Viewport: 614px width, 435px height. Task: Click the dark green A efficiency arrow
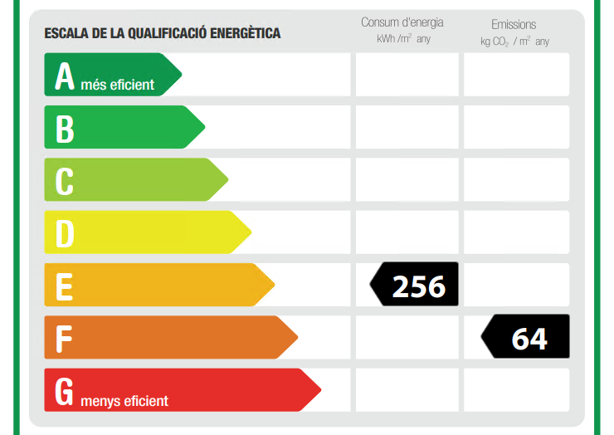pos(113,75)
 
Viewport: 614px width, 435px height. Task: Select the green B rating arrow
pos(124,127)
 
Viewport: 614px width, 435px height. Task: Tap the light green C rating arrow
pos(136,179)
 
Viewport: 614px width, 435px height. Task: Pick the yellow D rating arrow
pos(148,232)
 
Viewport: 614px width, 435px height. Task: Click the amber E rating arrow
pos(159,285)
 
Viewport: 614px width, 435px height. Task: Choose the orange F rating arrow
pos(171,337)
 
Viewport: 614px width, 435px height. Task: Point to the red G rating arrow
pos(183,390)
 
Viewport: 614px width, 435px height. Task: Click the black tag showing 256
pos(414,284)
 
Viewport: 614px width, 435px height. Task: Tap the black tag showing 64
pos(525,336)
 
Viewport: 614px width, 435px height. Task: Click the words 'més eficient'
pos(118,85)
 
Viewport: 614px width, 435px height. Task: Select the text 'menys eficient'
pos(124,401)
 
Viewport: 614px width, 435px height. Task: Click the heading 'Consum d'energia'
pos(402,22)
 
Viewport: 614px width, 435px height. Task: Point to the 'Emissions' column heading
pos(514,25)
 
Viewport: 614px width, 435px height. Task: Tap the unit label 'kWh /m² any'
pos(403,39)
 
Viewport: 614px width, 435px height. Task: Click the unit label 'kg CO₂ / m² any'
pos(515,42)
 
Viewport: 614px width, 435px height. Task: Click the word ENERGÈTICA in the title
pos(245,33)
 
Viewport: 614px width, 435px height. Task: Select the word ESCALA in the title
pos(66,33)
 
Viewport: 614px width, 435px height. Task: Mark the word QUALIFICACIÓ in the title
pos(168,33)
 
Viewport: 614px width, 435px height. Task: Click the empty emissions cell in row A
pos(516,75)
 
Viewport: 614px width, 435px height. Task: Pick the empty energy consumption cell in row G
pos(407,390)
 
